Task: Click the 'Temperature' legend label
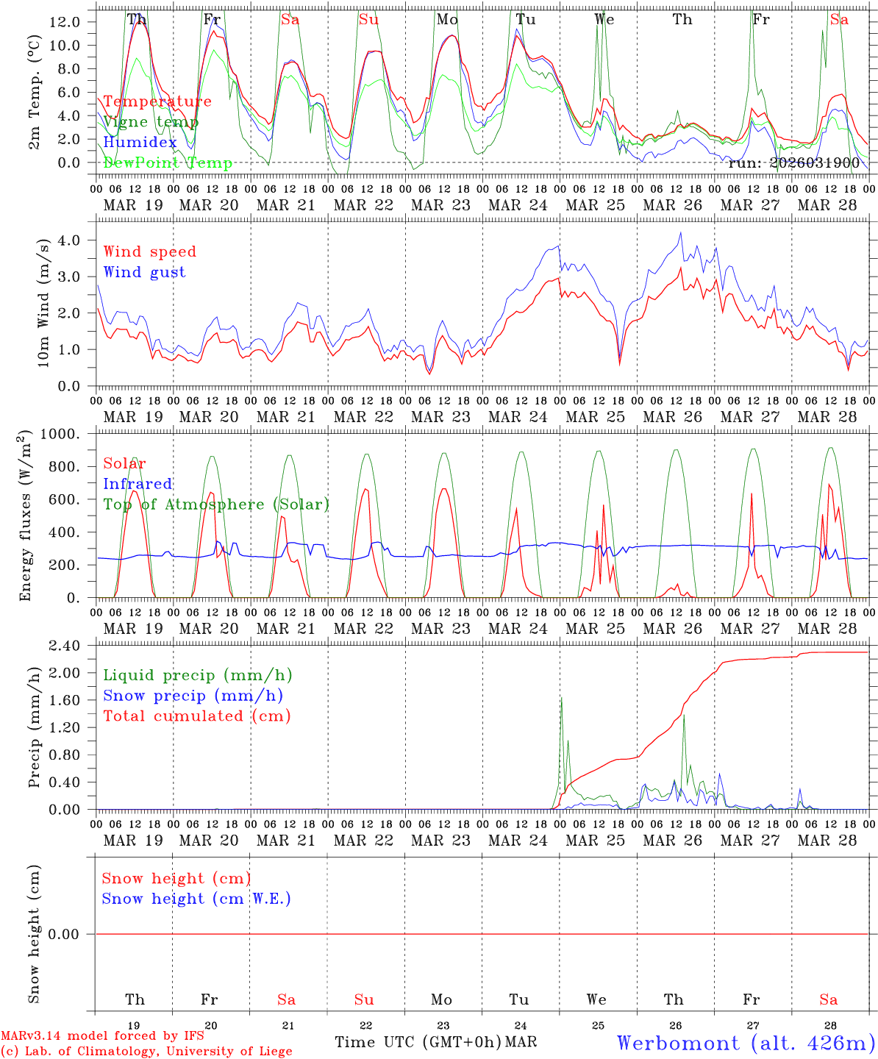tap(157, 101)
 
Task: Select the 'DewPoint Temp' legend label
tap(168, 163)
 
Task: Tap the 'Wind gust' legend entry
tap(144, 272)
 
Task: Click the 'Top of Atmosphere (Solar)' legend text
tap(216, 504)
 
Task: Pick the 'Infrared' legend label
tap(138, 484)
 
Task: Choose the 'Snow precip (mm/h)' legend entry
tap(193, 696)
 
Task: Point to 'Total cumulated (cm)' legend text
tap(196, 716)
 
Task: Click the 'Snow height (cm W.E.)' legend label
tap(196, 899)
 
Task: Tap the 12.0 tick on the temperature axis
tap(64, 22)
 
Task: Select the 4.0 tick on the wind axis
tap(69, 240)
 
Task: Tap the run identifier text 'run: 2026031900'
tap(793, 163)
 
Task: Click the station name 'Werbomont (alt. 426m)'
tap(746, 1043)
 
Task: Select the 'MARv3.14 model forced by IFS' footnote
tap(102, 1036)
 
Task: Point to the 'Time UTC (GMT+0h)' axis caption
tap(418, 1042)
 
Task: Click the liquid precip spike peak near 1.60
tap(561, 698)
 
